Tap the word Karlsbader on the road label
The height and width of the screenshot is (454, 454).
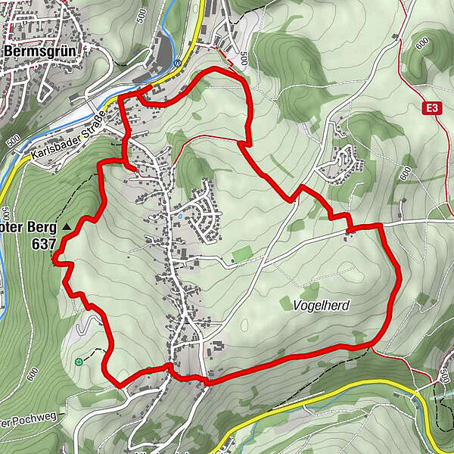[x=57, y=149]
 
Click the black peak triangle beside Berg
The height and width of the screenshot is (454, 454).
[x=67, y=226]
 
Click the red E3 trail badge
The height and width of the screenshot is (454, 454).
[x=431, y=109]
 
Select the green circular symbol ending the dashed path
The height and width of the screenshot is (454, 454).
[x=79, y=362]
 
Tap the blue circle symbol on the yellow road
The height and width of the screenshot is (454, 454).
[x=176, y=64]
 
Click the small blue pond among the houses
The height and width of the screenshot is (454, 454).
[x=180, y=216]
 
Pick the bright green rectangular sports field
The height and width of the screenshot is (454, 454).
[x=242, y=255]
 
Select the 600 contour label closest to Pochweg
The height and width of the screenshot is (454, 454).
[x=32, y=373]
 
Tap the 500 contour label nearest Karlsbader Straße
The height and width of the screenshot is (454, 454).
[x=13, y=141]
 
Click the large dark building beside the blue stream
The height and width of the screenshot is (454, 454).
[x=163, y=53]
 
